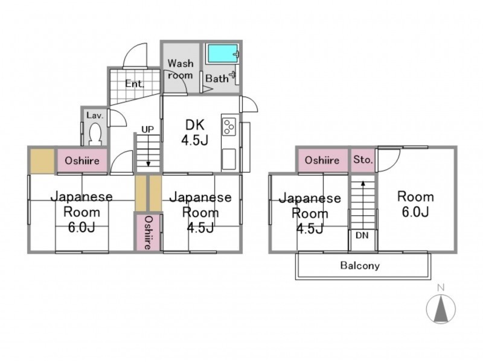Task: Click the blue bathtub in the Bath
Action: pyautogui.click(x=222, y=54)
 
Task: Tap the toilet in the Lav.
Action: pyautogui.click(x=95, y=134)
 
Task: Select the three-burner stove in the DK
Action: pyautogui.click(x=229, y=127)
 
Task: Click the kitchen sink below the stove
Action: pyautogui.click(x=229, y=159)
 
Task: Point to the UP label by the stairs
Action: pyautogui.click(x=147, y=129)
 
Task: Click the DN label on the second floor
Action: pyautogui.click(x=362, y=235)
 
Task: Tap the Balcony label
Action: pyautogui.click(x=360, y=265)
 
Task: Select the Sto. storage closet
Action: pyautogui.click(x=363, y=160)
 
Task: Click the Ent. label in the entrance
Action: pyautogui.click(x=135, y=84)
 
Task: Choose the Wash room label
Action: pyautogui.click(x=181, y=69)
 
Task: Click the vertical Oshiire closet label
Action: pyautogui.click(x=148, y=232)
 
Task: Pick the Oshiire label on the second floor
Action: pyautogui.click(x=322, y=160)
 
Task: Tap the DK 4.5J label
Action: pyautogui.click(x=194, y=132)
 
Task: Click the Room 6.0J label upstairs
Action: pyautogui.click(x=415, y=204)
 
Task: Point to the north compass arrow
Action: pyautogui.click(x=441, y=308)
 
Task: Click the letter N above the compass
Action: pyautogui.click(x=441, y=288)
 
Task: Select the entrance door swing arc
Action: pyautogui.click(x=135, y=56)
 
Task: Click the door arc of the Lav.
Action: pyautogui.click(x=117, y=118)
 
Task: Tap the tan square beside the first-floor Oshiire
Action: pyautogui.click(x=42, y=160)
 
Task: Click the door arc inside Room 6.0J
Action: pyautogui.click(x=389, y=160)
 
